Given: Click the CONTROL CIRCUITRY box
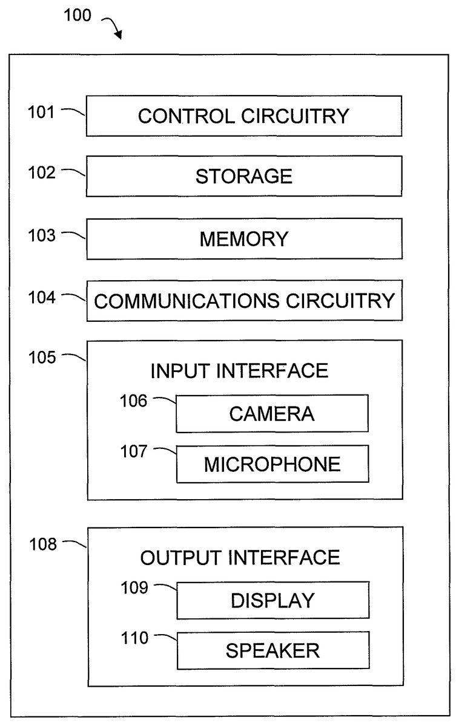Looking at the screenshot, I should (x=243, y=116).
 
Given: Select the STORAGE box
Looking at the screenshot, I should (x=243, y=176).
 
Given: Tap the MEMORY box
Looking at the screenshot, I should (x=243, y=239).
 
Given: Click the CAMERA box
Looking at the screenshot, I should (x=272, y=414).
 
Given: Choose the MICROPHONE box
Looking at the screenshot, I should (x=272, y=464).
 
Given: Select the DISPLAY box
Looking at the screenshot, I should (x=272, y=600).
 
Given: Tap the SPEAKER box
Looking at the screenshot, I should (x=272, y=650).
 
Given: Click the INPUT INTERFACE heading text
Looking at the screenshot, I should (x=239, y=370).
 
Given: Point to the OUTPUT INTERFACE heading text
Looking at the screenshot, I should (x=240, y=557).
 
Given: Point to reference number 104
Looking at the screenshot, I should (x=42, y=297).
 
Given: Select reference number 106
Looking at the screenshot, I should (x=133, y=401).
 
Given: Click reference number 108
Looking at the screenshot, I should (x=42, y=544).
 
